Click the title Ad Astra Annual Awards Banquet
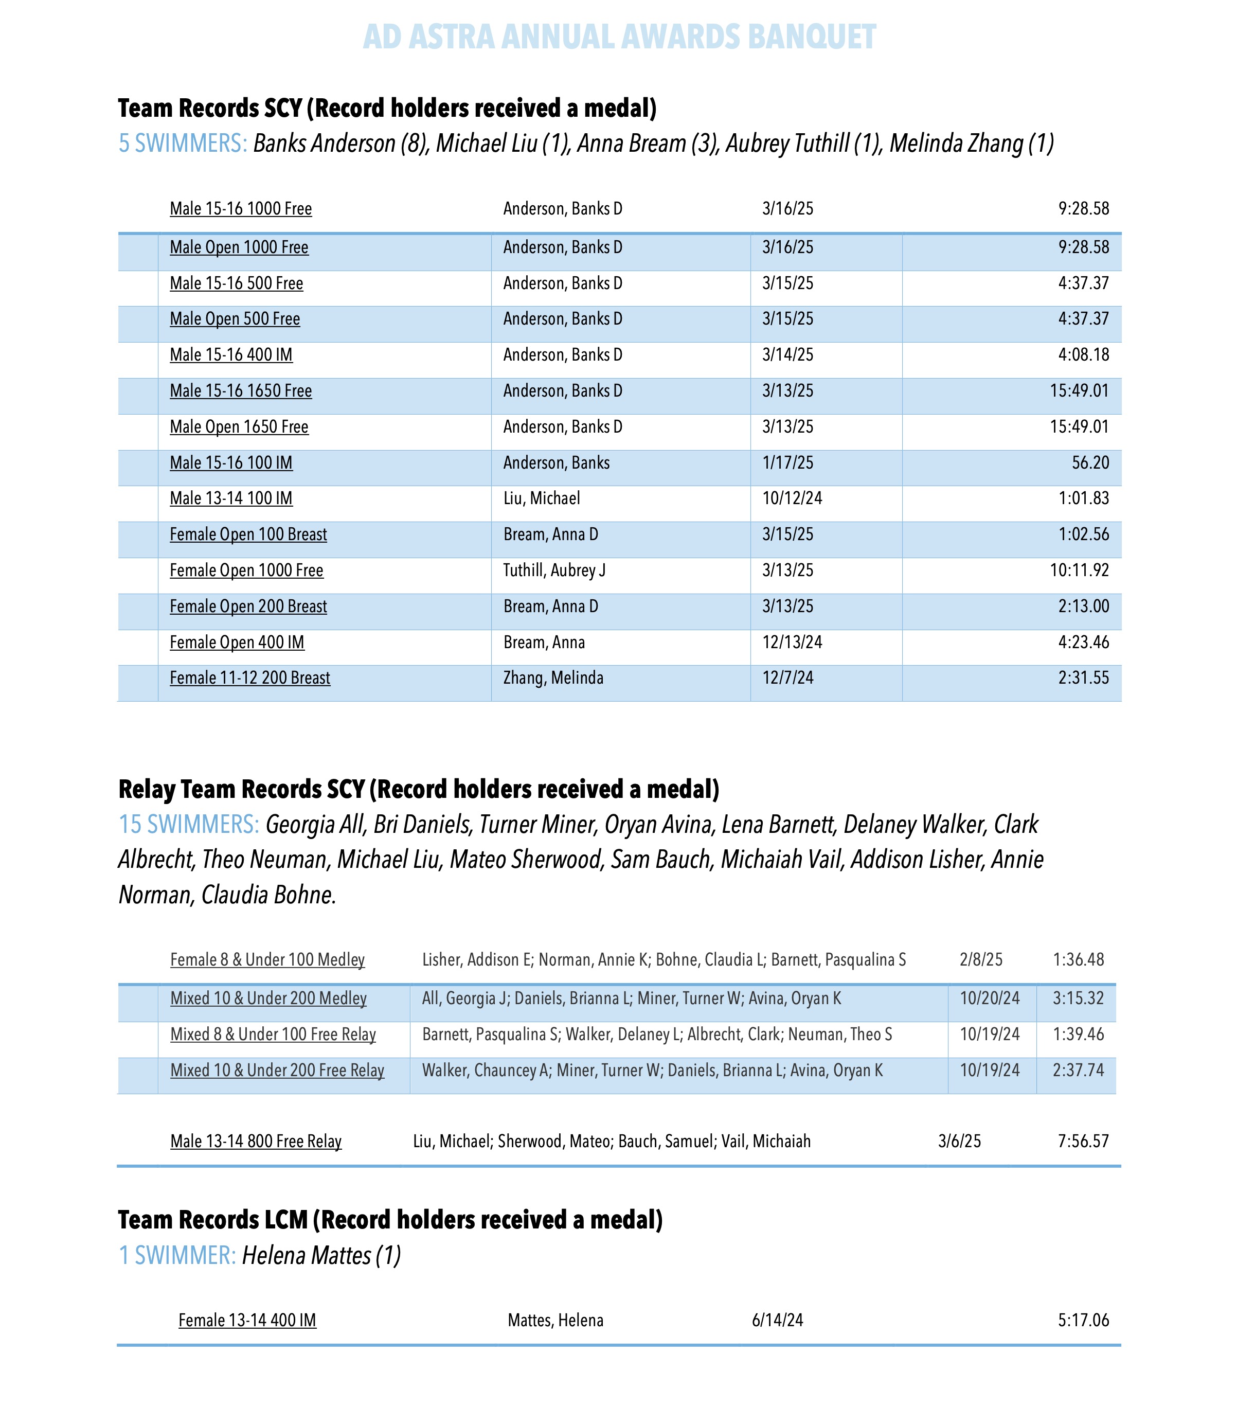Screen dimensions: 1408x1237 [618, 37]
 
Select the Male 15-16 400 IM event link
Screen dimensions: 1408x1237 [231, 355]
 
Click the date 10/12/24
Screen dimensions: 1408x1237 [792, 498]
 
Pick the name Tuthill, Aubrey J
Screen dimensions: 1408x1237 [554, 571]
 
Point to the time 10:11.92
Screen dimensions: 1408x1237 [1079, 571]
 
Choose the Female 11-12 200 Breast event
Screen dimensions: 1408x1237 [249, 678]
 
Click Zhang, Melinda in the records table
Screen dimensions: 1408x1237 [552, 678]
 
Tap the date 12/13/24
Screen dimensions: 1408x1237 [792, 642]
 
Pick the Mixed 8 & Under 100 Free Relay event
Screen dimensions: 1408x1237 [273, 1034]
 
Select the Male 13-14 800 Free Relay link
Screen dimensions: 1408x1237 [256, 1142]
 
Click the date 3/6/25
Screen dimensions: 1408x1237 [959, 1142]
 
